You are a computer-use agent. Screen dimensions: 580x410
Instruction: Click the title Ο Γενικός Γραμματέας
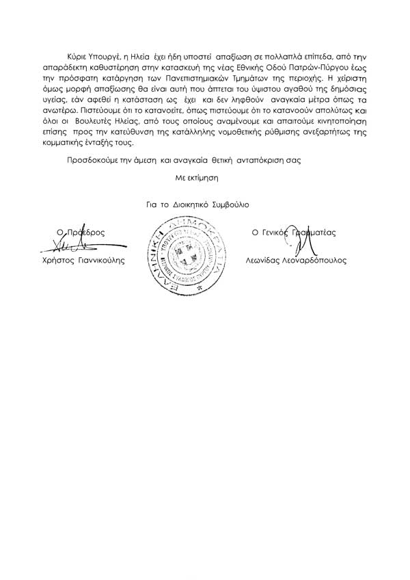(295, 233)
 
